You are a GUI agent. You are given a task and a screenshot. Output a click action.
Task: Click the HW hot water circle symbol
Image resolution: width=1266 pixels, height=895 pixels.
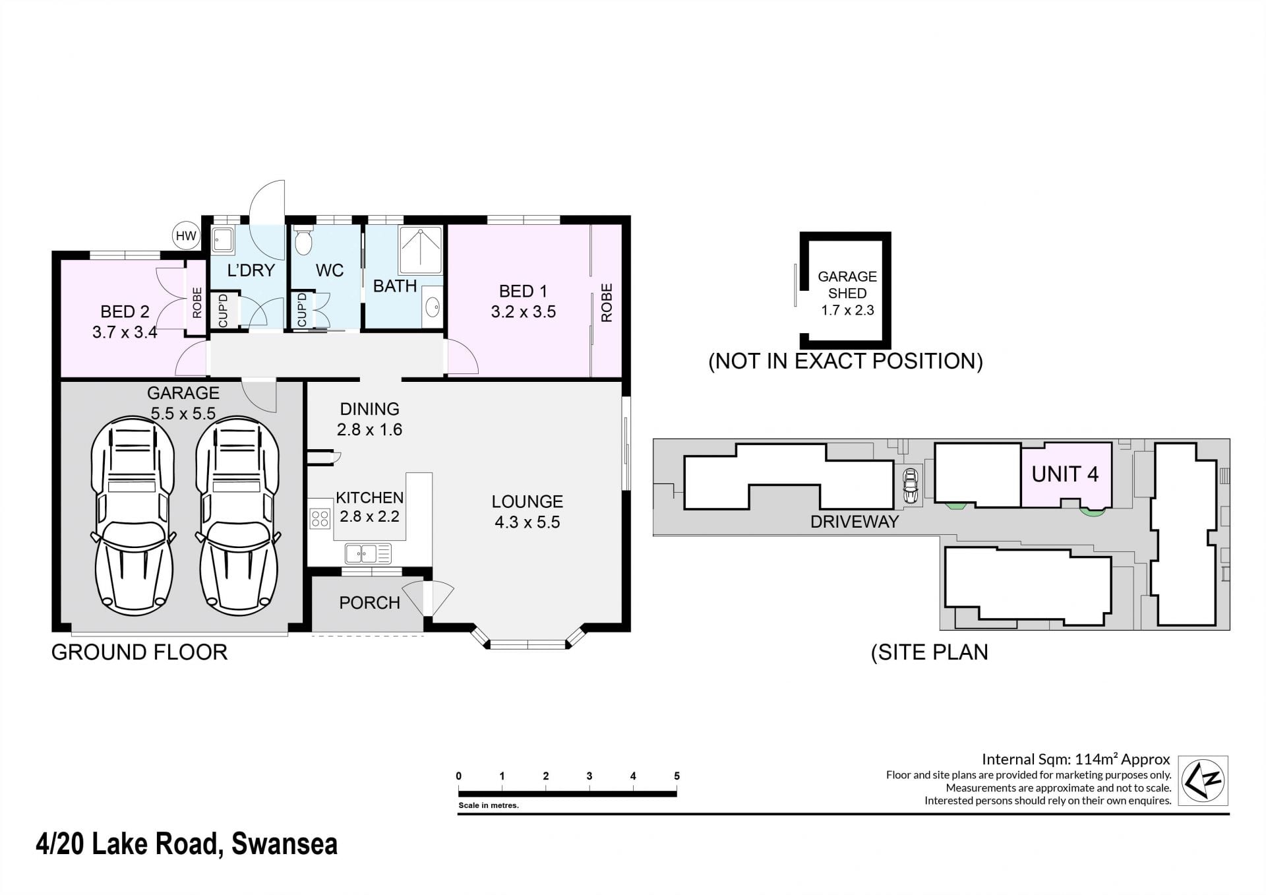tap(186, 235)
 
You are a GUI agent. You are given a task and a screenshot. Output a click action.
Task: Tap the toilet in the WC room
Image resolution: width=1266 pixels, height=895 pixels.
tap(303, 241)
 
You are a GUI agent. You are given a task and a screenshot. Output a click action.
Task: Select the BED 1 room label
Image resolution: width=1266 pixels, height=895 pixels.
tap(523, 291)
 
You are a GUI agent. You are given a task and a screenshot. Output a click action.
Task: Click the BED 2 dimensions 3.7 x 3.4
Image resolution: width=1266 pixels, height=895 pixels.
tap(125, 332)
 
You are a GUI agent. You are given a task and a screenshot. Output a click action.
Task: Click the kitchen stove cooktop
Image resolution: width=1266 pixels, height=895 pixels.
tap(320, 518)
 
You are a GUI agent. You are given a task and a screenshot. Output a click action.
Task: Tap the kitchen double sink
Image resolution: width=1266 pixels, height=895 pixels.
tap(368, 553)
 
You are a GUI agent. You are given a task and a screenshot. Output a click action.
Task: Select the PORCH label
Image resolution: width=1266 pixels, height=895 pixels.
tap(369, 603)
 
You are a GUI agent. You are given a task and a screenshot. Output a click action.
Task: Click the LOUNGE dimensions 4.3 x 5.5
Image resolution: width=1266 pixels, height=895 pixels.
tap(527, 522)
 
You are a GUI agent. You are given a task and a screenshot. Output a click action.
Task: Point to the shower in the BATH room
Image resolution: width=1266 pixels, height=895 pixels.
tap(419, 250)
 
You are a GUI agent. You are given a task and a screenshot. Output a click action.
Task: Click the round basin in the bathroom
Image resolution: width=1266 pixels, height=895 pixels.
tap(433, 307)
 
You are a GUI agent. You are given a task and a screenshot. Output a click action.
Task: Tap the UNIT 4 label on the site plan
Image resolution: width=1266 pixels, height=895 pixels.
tap(1065, 474)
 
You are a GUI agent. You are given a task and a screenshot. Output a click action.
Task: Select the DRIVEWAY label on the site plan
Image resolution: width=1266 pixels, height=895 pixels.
tap(855, 522)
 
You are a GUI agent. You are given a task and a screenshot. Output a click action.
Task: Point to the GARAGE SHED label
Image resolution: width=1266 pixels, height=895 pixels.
tap(847, 285)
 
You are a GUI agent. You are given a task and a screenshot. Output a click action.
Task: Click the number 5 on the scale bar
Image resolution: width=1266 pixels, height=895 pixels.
tap(677, 776)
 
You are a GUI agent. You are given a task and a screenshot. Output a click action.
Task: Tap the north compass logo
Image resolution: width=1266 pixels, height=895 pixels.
tap(1203, 780)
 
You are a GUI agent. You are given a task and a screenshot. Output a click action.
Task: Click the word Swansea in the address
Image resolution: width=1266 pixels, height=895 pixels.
tap(285, 844)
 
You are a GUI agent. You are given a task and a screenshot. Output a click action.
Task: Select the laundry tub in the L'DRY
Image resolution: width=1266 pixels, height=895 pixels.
tap(223, 240)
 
